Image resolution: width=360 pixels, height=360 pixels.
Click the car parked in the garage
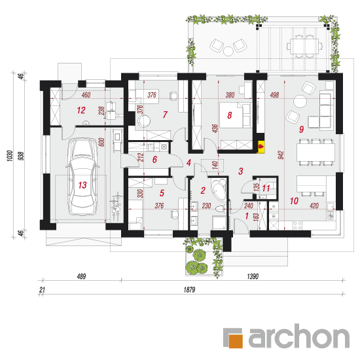[x=82, y=176]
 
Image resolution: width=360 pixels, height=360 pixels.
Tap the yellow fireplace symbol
[x=261, y=147]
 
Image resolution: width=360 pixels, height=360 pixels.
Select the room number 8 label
[x=230, y=115]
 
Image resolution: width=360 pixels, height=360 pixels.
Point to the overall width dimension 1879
[x=189, y=290]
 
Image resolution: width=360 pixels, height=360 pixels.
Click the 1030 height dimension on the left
[x=10, y=156]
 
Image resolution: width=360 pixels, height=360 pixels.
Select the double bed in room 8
[x=235, y=115]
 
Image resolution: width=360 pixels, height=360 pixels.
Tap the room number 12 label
[x=81, y=110]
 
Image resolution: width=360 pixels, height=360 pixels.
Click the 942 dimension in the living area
[x=281, y=155]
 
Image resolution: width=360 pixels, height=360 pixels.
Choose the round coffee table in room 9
[x=300, y=101]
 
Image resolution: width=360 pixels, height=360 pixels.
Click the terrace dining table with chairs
[x=304, y=46]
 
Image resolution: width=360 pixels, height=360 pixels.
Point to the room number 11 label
[x=266, y=189]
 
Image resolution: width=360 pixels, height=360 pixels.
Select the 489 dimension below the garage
[x=82, y=276]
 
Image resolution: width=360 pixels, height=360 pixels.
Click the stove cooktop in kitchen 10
[x=298, y=225]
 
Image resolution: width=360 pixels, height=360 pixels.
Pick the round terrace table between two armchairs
[x=228, y=51]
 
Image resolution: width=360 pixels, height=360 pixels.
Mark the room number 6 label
[x=154, y=159]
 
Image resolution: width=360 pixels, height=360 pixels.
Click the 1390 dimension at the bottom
[x=253, y=276]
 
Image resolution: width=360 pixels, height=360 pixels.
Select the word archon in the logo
[x=299, y=336]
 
